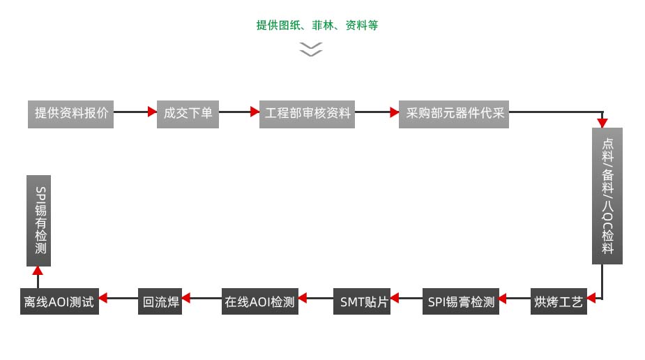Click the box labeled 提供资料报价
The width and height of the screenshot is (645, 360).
pyautogui.click(x=71, y=113)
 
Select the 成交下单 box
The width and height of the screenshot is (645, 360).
pyautogui.click(x=188, y=113)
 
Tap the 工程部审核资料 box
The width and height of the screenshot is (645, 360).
pyautogui.click(x=308, y=113)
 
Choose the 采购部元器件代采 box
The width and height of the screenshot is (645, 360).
pyautogui.click(x=454, y=113)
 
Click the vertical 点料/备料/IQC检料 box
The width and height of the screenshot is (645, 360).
pyautogui.click(x=607, y=195)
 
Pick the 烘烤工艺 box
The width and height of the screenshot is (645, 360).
pyautogui.click(x=558, y=301)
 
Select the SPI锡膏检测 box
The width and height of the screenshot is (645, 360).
pyautogui.click(x=461, y=301)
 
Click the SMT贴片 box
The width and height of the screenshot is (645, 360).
pyautogui.click(x=361, y=301)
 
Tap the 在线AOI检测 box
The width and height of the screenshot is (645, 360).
pyautogui.click(x=259, y=301)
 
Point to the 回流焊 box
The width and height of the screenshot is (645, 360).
pyautogui.click(x=160, y=301)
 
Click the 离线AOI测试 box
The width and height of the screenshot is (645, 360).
pyautogui.click(x=59, y=301)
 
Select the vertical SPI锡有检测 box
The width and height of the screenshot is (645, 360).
pyautogui.click(x=39, y=220)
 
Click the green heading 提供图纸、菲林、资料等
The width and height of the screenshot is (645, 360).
pyautogui.click(x=317, y=26)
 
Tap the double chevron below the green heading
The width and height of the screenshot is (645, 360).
pyautogui.click(x=311, y=49)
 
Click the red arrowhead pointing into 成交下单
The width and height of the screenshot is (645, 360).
pyautogui.click(x=152, y=112)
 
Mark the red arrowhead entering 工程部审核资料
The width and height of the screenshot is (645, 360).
pyautogui.click(x=255, y=112)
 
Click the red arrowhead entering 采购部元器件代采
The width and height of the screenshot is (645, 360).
pyautogui.click(x=394, y=112)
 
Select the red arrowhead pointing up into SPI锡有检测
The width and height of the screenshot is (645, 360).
pyautogui.click(x=38, y=271)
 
